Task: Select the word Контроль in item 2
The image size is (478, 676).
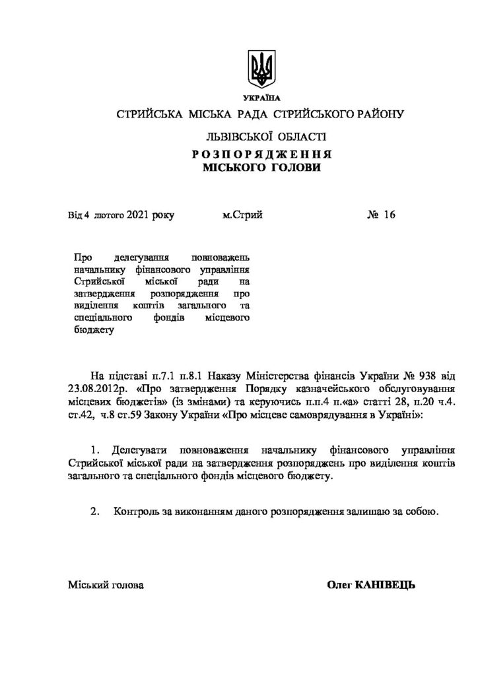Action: [136, 511]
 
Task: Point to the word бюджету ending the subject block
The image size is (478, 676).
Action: [88, 331]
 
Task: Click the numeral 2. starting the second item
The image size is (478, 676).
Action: [97, 511]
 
